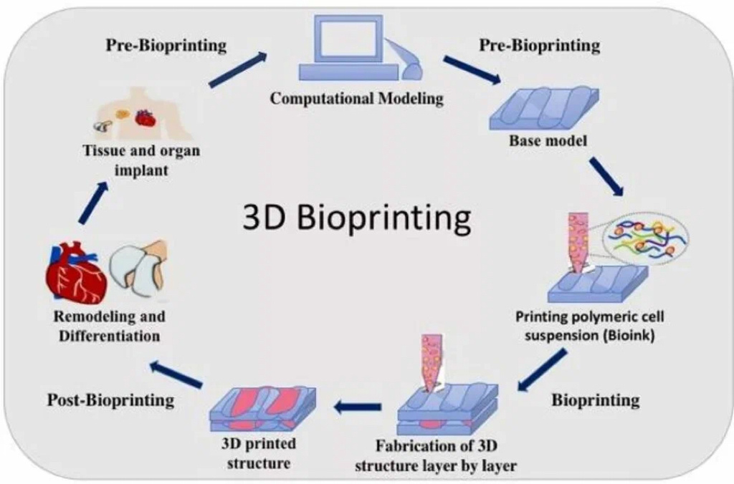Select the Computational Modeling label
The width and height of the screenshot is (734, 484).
pyautogui.click(x=356, y=99)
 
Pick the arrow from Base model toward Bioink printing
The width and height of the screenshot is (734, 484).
pyautogui.click(x=606, y=175)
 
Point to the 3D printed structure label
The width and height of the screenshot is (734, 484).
pyautogui.click(x=259, y=453)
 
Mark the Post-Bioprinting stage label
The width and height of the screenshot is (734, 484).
pyautogui.click(x=110, y=400)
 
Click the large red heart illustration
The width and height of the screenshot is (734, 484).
pyautogui.click(x=75, y=274)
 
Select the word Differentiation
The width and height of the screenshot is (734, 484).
pyautogui.click(x=110, y=334)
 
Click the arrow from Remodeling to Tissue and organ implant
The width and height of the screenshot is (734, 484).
pyautogui.click(x=93, y=203)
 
